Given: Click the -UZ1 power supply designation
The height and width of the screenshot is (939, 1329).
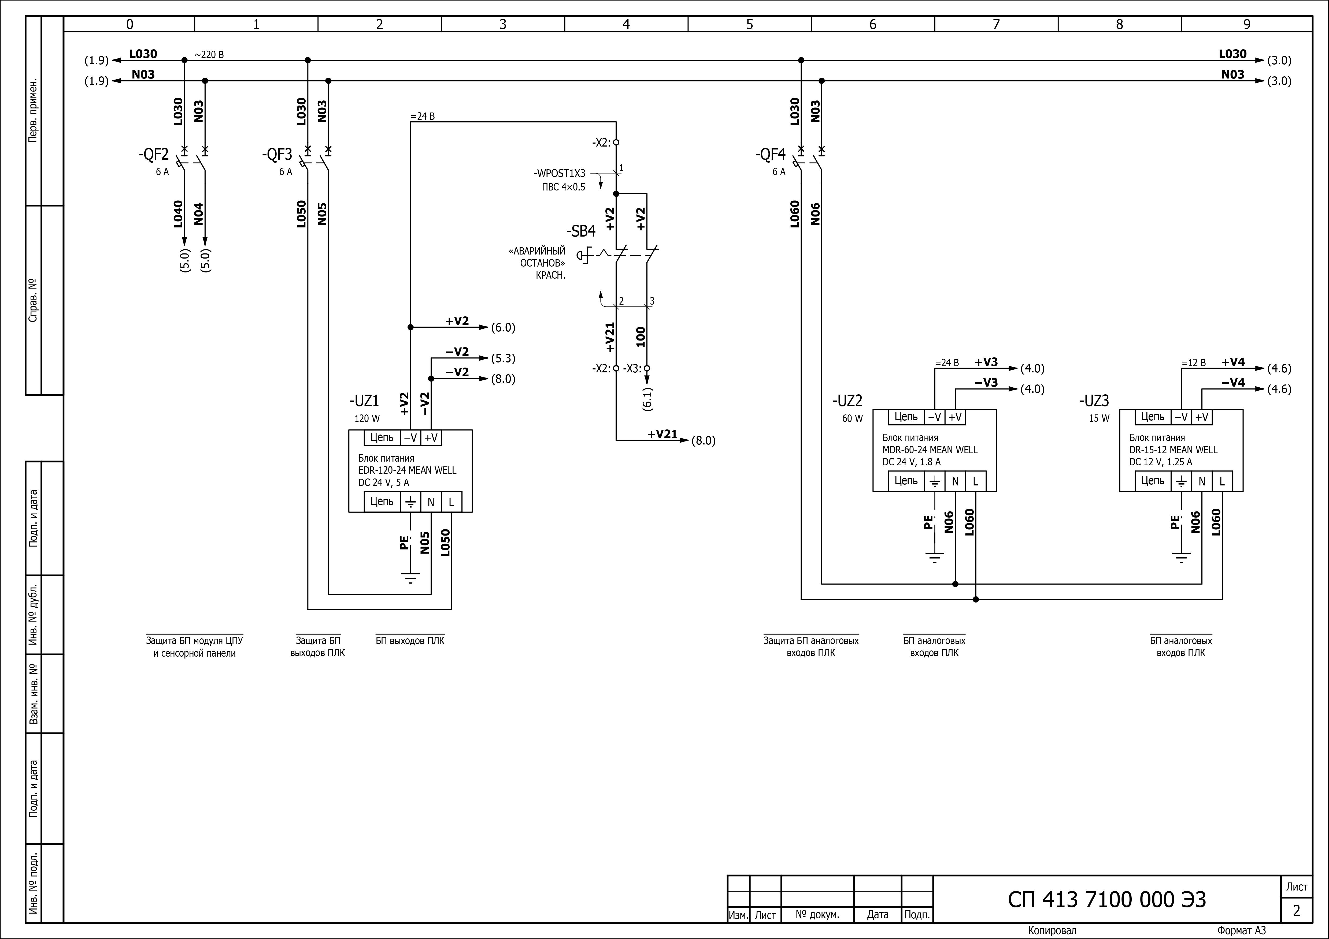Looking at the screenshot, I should pyautogui.click(x=364, y=401).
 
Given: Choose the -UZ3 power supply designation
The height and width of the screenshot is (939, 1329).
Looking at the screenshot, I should pyautogui.click(x=1093, y=401).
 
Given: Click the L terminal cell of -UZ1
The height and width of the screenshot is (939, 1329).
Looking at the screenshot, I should pyautogui.click(x=451, y=502).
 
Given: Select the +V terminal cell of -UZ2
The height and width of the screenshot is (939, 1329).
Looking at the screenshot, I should pyautogui.click(x=955, y=417).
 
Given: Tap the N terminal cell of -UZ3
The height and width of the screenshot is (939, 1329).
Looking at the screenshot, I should pyautogui.click(x=1202, y=481).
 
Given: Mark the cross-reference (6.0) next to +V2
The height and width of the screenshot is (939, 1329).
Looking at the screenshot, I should pyautogui.click(x=503, y=327).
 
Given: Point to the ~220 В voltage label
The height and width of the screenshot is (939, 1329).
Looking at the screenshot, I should pyautogui.click(x=209, y=55).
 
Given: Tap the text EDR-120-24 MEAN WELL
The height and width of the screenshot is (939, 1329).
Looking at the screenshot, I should pyautogui.click(x=407, y=470).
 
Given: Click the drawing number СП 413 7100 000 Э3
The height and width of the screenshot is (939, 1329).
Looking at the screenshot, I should pyautogui.click(x=1107, y=900).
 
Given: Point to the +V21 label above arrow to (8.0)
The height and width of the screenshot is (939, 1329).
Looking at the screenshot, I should pyautogui.click(x=662, y=434).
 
